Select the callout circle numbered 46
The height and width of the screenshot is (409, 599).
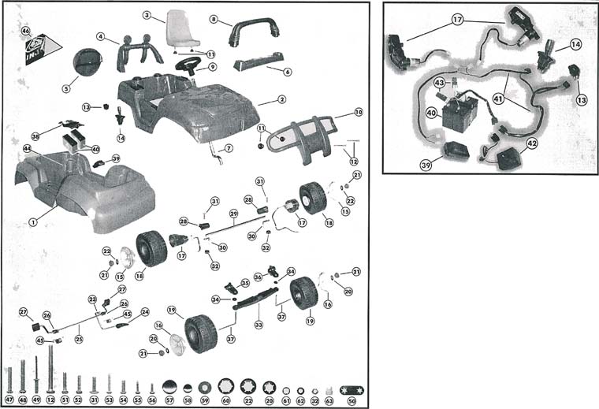(26, 32)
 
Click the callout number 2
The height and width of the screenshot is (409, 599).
(281, 100)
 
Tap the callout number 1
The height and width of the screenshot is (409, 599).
(33, 221)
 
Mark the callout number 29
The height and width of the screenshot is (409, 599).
(233, 214)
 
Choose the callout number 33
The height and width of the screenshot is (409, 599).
(257, 323)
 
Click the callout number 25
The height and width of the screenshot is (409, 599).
(78, 339)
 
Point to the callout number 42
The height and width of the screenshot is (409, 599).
(532, 143)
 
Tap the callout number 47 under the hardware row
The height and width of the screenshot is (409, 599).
(9, 400)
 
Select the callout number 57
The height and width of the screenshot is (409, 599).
(169, 400)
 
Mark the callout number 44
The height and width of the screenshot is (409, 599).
(27, 148)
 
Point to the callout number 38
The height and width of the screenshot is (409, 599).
(35, 136)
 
